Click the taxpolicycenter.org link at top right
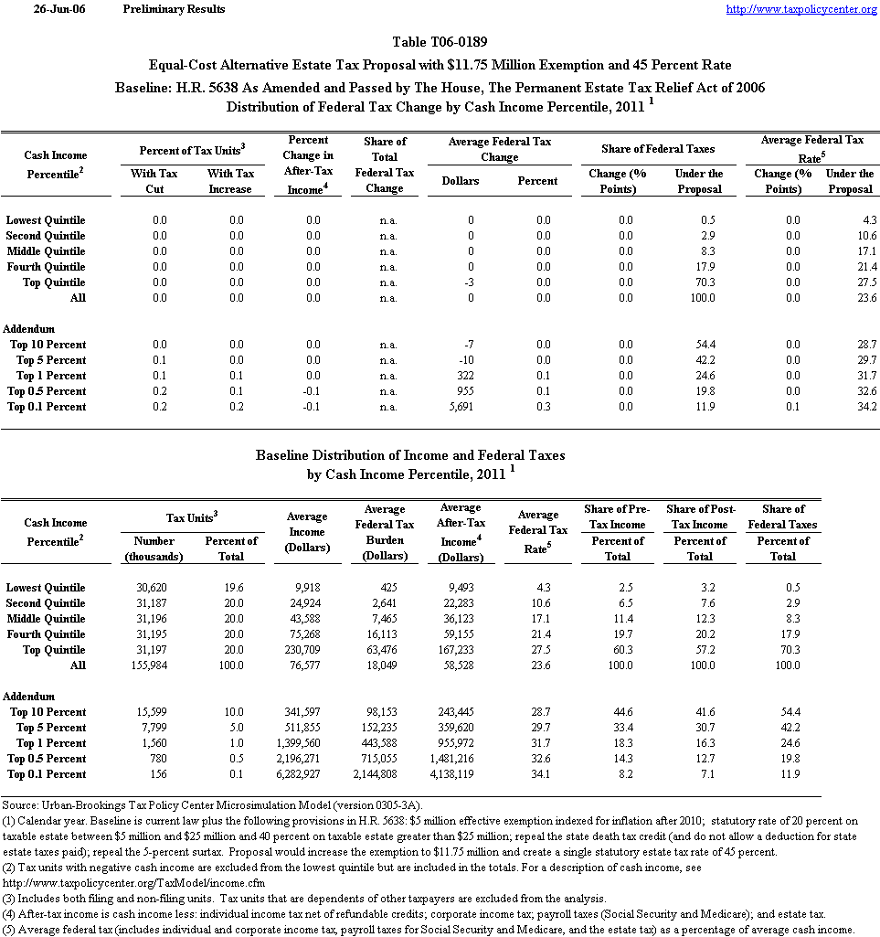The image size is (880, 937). click(x=801, y=9)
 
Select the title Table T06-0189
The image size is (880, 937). click(x=440, y=42)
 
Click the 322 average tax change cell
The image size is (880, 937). click(x=467, y=376)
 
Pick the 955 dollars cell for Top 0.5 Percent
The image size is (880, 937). click(x=467, y=391)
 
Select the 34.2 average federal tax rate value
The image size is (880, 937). click(x=864, y=407)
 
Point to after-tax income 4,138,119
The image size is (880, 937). click(x=460, y=774)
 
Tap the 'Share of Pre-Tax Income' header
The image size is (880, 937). click(x=618, y=516)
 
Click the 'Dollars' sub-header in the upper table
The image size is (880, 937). click(x=461, y=181)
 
